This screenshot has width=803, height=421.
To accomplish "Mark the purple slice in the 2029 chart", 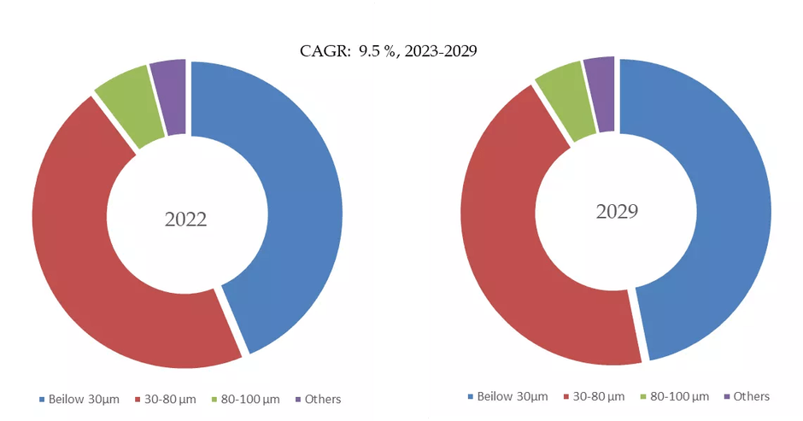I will [x=601, y=94].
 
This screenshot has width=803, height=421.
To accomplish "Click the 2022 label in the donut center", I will [x=185, y=219].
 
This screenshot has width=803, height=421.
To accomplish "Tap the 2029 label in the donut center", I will [x=617, y=211].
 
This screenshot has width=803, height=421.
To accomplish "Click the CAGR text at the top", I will [x=389, y=51].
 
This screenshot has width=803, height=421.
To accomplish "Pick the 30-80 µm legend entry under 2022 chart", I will [x=173, y=400].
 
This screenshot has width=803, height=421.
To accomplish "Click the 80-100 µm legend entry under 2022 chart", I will [x=250, y=400].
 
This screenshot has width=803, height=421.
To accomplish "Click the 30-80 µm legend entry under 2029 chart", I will [x=602, y=396].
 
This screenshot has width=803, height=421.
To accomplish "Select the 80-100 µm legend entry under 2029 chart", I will [x=679, y=396].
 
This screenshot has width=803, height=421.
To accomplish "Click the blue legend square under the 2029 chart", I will [x=471, y=397].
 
